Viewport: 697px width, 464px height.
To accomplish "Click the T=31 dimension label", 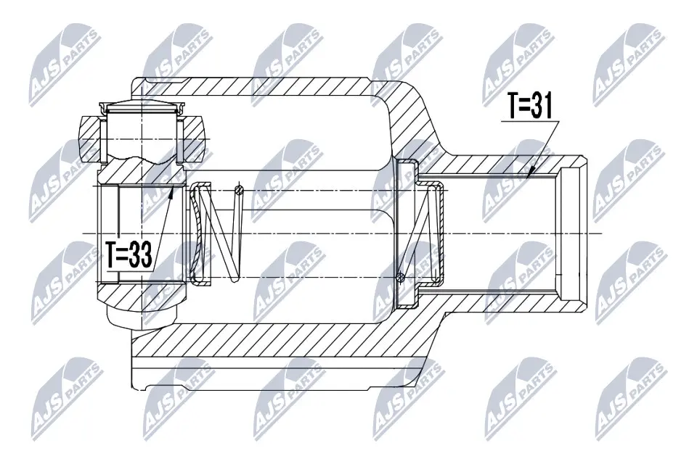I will (x=530, y=108).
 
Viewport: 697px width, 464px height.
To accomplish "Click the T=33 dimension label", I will (x=129, y=255).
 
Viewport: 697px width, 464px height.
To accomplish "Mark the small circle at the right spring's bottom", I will (x=400, y=276).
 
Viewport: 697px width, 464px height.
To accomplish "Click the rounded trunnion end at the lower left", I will (x=141, y=315).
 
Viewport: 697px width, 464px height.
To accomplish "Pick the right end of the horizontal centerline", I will (x=602, y=233).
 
